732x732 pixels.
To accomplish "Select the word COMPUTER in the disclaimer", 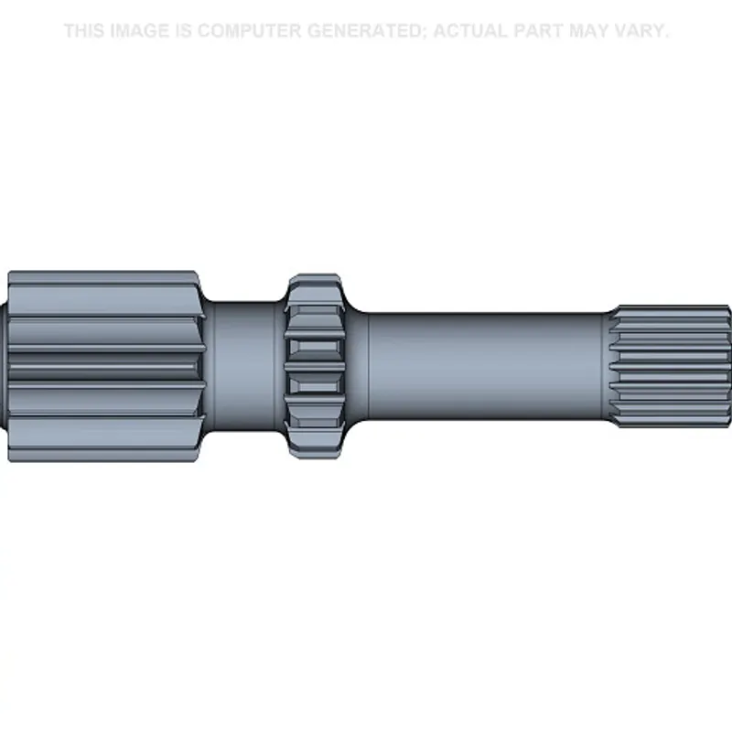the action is pyautogui.click(x=249, y=31).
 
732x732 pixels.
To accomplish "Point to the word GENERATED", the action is pyautogui.click(x=366, y=31).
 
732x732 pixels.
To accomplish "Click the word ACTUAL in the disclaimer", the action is pyautogui.click(x=470, y=31).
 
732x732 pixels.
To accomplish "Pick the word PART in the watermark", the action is pyautogui.click(x=538, y=31).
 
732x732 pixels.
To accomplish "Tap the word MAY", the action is pyautogui.click(x=588, y=31).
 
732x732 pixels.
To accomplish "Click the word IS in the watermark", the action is pyautogui.click(x=183, y=31).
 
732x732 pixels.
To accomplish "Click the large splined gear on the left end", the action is pyautogui.click(x=106, y=367).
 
